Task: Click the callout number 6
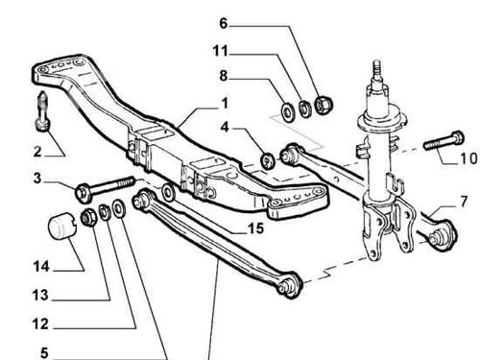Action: click(x=223, y=23)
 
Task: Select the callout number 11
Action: click(x=221, y=51)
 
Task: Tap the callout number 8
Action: click(x=223, y=76)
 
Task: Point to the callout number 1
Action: click(x=225, y=103)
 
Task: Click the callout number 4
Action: click(x=225, y=128)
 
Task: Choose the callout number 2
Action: click(x=37, y=152)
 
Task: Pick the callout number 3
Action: click(x=37, y=178)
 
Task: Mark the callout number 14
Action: click(x=41, y=266)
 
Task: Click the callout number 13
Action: click(x=40, y=295)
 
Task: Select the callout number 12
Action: click(x=40, y=324)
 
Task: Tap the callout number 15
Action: click(x=256, y=228)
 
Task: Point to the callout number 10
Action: click(x=468, y=158)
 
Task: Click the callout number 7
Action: click(x=464, y=202)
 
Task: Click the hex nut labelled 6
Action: click(x=324, y=105)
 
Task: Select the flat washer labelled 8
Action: click(x=289, y=111)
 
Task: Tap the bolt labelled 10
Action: click(x=444, y=141)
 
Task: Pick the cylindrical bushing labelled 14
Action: click(x=61, y=226)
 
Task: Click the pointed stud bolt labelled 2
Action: click(x=42, y=111)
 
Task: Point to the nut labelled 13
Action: click(x=88, y=217)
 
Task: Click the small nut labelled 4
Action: click(x=268, y=160)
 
